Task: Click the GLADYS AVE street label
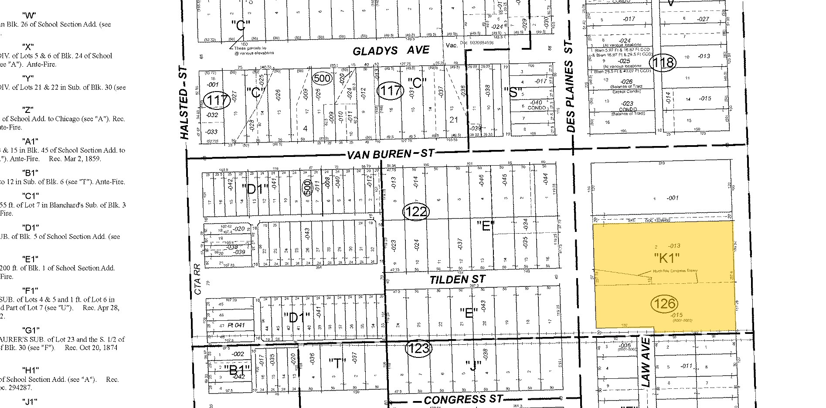point(391,51)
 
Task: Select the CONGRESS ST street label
point(463,399)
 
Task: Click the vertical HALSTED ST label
point(184,103)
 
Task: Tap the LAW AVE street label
point(646,362)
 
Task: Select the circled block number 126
point(664,303)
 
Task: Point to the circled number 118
point(663,63)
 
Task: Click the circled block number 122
point(416,212)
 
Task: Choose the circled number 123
point(418,348)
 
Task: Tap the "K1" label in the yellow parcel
point(667,258)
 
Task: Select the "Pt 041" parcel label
point(237,325)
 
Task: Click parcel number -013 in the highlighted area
point(673,246)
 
